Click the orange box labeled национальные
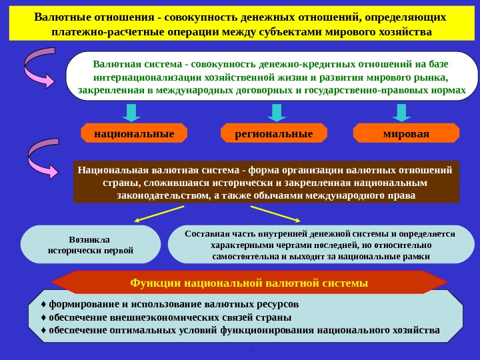(x=134, y=133)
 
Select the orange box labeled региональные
(x=274, y=133)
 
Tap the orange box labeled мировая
(x=406, y=133)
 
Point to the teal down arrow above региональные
(x=274, y=111)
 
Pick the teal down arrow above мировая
(x=401, y=111)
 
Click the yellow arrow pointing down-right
(x=275, y=214)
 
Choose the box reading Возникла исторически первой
(x=91, y=245)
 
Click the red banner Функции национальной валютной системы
(x=249, y=283)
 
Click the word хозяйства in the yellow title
(x=402, y=32)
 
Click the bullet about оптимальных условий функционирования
(x=240, y=330)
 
